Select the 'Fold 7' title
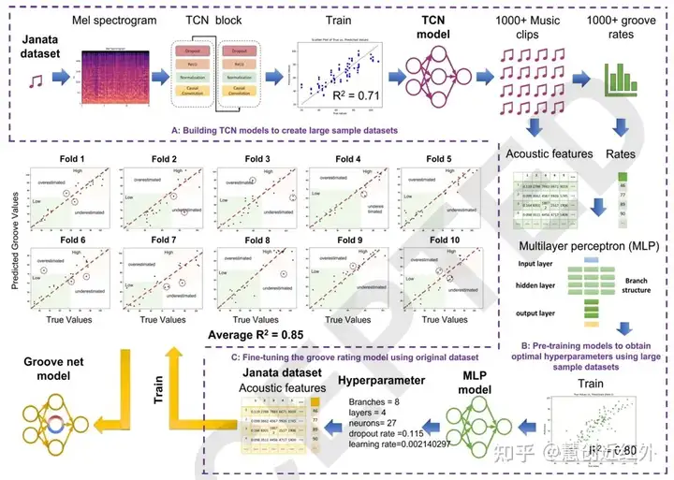[x=163, y=240]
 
